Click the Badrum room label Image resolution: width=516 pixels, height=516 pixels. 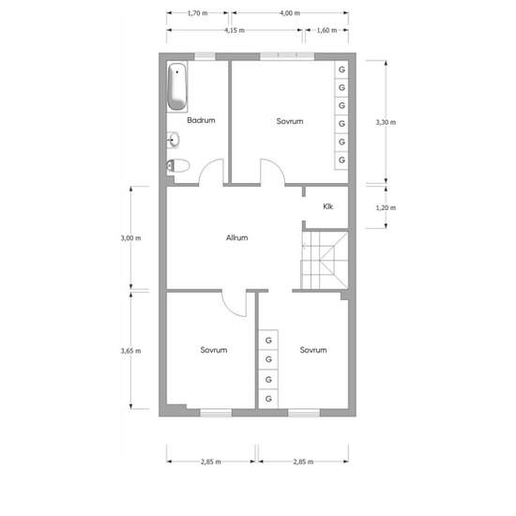tap(201, 120)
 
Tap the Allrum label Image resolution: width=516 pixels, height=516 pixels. tap(237, 237)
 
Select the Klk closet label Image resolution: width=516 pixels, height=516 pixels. tap(327, 206)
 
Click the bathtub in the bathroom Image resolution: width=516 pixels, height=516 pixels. tap(177, 86)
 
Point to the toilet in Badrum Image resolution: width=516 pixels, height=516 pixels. tap(178, 165)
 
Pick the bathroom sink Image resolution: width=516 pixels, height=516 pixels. tap(173, 140)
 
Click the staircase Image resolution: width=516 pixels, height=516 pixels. tap(325, 260)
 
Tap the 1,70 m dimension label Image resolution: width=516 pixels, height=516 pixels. tap(197, 13)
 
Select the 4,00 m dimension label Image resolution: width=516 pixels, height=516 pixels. tap(290, 13)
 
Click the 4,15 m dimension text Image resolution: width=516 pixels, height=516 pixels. tap(235, 30)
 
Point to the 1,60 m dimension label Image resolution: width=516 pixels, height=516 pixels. tap(326, 30)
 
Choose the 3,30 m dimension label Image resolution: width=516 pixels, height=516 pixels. tap(386, 122)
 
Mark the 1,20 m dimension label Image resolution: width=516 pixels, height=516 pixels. tap(386, 207)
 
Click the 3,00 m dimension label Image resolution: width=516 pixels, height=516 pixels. tap(130, 238)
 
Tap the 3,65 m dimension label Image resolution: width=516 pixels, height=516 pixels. tap(130, 351)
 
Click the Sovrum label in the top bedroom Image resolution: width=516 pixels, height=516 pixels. tap(290, 121)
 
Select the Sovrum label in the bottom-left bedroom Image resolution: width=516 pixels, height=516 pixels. tap(214, 350)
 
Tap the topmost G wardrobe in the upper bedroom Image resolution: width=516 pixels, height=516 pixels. tap(341, 69)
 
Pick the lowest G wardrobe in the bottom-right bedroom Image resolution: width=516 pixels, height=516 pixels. tap(268, 399)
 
